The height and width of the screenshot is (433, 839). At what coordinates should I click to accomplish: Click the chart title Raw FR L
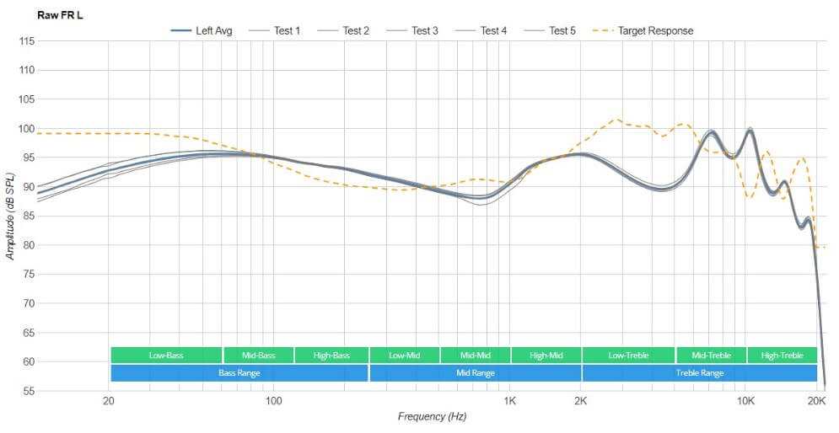pyautogui.click(x=60, y=14)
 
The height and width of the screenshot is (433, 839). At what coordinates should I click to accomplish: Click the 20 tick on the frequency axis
pyautogui.click(x=109, y=401)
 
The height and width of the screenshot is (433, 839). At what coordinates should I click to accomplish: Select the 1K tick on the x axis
pyautogui.click(x=509, y=401)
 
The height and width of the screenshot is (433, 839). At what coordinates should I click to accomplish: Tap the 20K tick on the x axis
pyautogui.click(x=816, y=401)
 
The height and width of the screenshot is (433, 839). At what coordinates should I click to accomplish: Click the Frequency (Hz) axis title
pyautogui.click(x=432, y=417)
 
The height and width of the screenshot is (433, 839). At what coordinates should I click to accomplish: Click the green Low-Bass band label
pyautogui.click(x=166, y=355)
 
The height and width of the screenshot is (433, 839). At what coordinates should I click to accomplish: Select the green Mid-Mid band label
pyautogui.click(x=474, y=355)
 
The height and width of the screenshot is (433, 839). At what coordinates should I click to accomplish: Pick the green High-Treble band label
pyautogui.click(x=782, y=355)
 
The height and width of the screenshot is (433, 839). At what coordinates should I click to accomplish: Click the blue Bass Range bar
pyautogui.click(x=239, y=372)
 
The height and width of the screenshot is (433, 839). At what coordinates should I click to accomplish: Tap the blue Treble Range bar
pyautogui.click(x=699, y=372)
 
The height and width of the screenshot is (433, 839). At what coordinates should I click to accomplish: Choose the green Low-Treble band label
pyautogui.click(x=627, y=355)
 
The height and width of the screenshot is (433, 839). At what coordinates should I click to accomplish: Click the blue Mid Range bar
pyautogui.click(x=476, y=372)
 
